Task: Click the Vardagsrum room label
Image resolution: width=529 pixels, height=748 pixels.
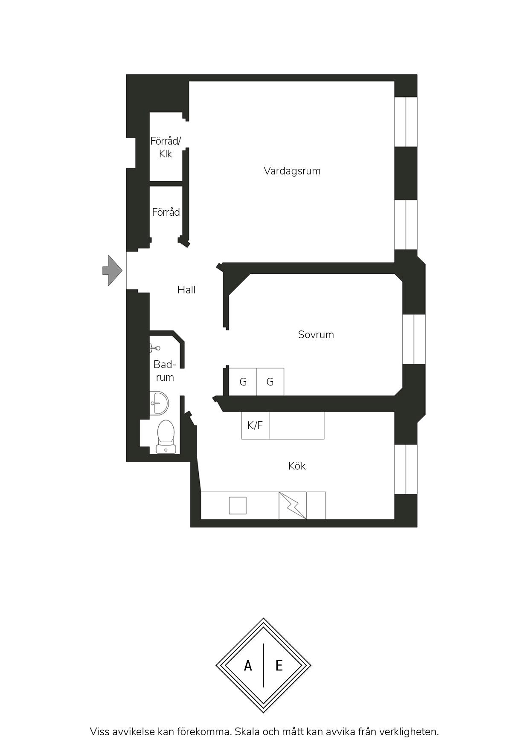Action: coord(292,171)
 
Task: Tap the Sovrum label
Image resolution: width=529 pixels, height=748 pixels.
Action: coord(316,335)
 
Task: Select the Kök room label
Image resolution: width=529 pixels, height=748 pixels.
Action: coord(297,466)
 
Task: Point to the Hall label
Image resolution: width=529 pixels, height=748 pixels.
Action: coord(186,290)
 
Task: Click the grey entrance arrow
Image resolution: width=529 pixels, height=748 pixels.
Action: coord(112,270)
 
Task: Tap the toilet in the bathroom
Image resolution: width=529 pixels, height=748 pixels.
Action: coord(166,436)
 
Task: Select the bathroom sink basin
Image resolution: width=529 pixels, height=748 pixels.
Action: coord(160,402)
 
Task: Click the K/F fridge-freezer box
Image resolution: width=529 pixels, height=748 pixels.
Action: coord(255,425)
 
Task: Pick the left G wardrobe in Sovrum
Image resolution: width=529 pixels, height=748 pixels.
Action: coord(243,382)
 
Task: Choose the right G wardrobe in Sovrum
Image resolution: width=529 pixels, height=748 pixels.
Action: coord(270,382)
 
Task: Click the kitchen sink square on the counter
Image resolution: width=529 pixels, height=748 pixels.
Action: coord(238,505)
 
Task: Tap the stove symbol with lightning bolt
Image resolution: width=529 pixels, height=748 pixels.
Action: coord(293,505)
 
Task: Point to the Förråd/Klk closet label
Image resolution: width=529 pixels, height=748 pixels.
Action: coord(166,147)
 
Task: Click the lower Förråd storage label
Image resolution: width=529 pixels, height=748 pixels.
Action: coord(166,212)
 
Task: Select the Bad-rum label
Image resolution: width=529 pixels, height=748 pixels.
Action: coord(165,371)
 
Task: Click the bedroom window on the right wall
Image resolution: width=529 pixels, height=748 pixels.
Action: coord(414,339)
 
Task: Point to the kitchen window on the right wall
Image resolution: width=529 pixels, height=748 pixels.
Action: coord(405,469)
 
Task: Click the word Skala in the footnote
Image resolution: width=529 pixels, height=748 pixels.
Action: coord(247,732)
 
